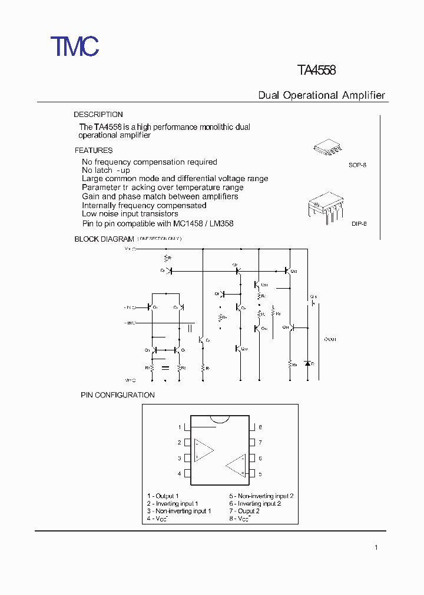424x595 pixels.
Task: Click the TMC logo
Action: point(74,46)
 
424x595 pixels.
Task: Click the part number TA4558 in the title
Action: point(317,71)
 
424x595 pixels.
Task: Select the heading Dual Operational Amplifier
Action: point(322,95)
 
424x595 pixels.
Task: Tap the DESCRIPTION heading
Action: point(98,115)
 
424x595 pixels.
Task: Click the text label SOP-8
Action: point(357,166)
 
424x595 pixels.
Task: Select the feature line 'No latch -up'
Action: point(106,170)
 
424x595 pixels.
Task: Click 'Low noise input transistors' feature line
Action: point(130,214)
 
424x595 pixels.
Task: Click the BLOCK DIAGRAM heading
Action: point(104,239)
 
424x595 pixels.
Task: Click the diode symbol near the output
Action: point(307,363)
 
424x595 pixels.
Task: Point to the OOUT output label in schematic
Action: point(330,339)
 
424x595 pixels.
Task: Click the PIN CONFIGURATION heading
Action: point(118,395)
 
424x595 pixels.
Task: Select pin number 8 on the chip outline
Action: point(260,427)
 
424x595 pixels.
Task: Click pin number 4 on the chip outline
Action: point(180,473)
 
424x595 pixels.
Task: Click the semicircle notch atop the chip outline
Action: point(220,419)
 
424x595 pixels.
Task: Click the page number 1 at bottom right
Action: point(376,548)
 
